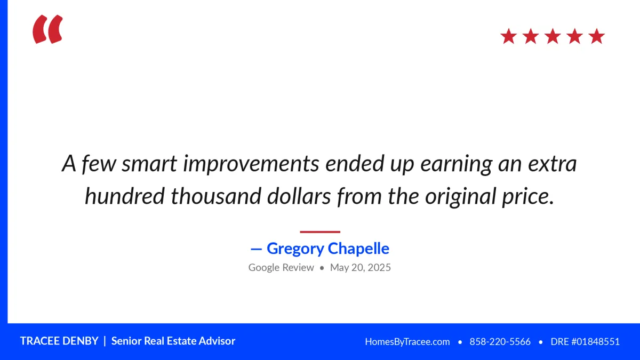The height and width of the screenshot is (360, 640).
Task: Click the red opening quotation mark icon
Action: tap(47, 29)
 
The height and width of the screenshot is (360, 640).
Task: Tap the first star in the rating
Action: tap(509, 36)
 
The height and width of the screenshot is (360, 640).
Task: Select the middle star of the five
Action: tap(553, 36)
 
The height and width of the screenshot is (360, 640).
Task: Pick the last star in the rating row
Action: tap(597, 36)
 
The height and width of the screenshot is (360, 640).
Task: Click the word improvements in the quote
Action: tap(251, 164)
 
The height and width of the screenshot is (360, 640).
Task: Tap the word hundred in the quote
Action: tap(125, 196)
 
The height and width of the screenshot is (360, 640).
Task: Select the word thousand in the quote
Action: tap(215, 196)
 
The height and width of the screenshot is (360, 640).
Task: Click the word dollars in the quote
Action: tap(299, 196)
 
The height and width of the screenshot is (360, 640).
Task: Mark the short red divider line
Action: tap(320, 232)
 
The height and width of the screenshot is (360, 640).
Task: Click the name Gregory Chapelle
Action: tap(328, 249)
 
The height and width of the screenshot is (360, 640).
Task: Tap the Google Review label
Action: tap(281, 267)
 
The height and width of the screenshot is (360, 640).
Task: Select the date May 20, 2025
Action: tap(361, 267)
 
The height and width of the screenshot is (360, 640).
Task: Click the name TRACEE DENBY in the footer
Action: tap(59, 341)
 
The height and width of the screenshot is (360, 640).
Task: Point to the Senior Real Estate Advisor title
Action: tap(173, 341)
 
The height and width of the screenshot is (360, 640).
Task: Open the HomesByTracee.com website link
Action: tap(407, 342)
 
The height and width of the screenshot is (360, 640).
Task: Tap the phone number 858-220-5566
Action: tap(500, 342)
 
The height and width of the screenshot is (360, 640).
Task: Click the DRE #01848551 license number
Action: tap(585, 342)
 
